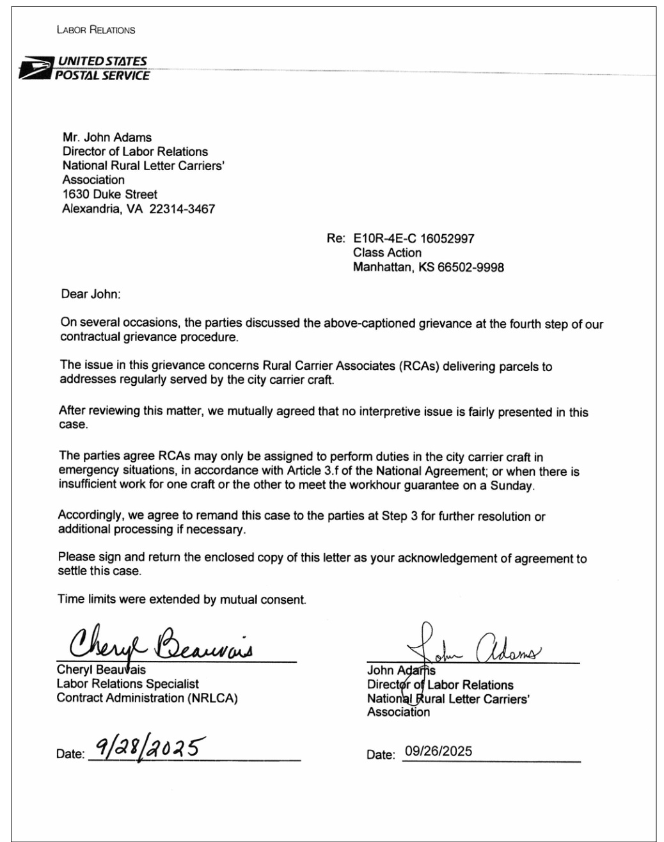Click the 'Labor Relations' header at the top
point(96,29)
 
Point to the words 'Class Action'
point(387,253)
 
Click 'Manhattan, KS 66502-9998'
point(428,267)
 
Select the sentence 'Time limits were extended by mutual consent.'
point(182,600)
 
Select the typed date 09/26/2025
point(438,751)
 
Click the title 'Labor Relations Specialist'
point(128,684)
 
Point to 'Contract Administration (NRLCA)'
point(147,698)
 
